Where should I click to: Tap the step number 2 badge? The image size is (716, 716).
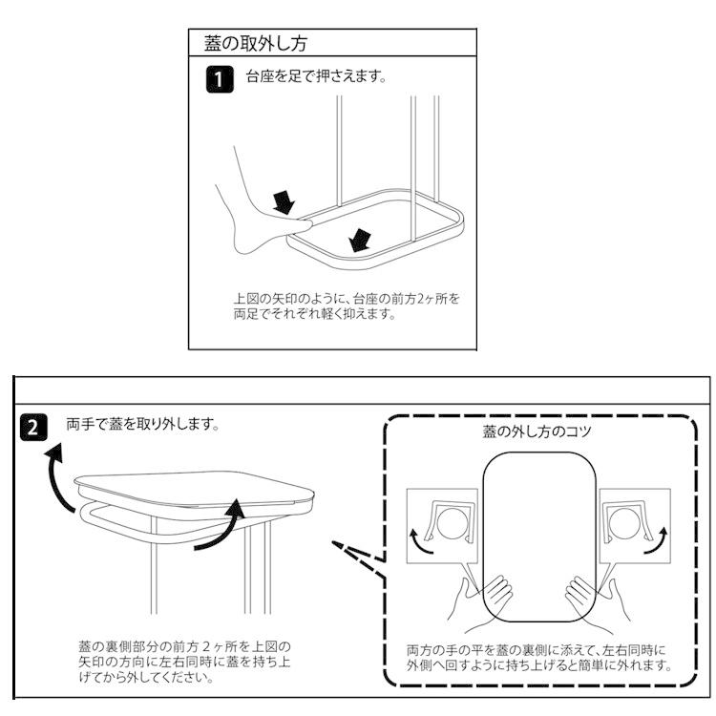tap(32, 428)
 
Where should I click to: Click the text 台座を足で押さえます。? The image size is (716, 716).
tap(316, 78)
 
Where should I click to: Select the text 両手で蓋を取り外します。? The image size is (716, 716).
tap(143, 423)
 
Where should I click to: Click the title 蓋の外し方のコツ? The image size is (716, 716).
tap(537, 432)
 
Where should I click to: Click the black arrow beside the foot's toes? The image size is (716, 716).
tap(284, 200)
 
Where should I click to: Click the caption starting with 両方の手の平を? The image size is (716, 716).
tap(539, 657)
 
